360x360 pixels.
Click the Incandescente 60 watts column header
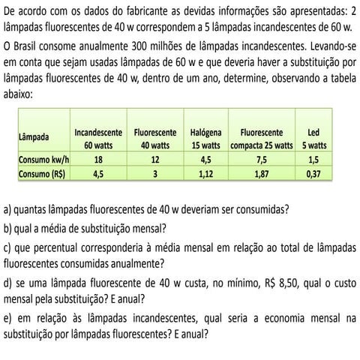point(99,139)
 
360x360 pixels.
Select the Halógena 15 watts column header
point(206,139)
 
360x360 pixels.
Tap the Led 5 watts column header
point(314,139)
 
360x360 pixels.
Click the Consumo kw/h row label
point(43,160)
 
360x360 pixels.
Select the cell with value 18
point(98,160)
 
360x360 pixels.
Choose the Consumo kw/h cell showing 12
point(154,160)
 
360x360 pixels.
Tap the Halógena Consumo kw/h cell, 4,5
point(206,160)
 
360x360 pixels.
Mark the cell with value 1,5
point(313,160)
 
